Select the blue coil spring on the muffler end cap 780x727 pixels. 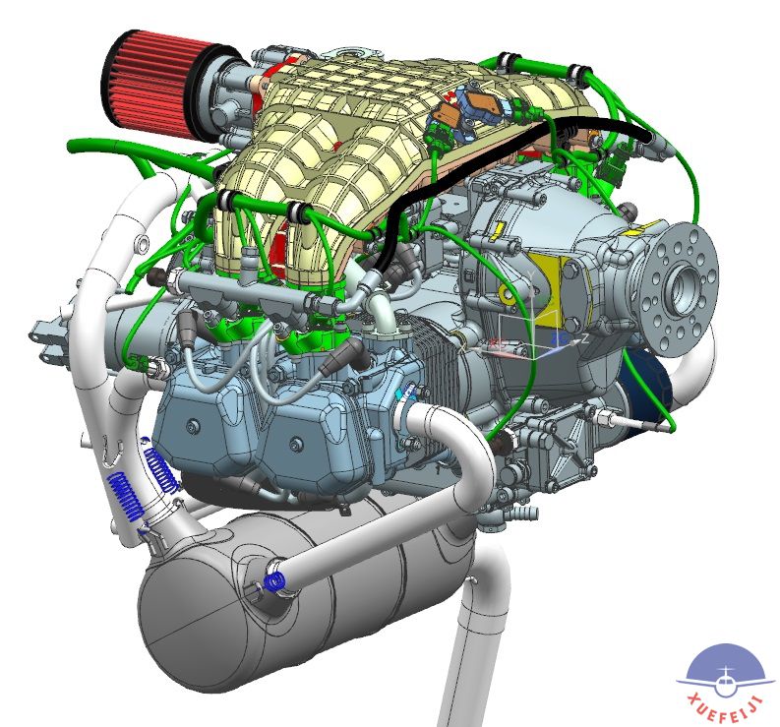pos(274,581)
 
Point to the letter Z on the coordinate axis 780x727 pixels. pos(585,338)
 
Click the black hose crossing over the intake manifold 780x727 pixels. pos(498,159)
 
